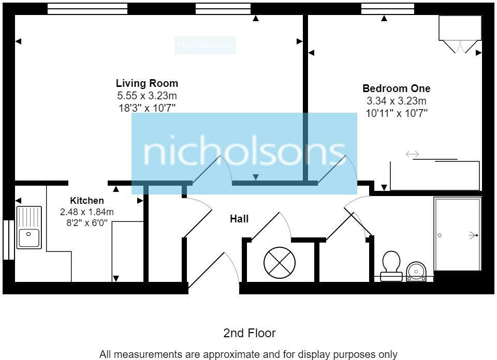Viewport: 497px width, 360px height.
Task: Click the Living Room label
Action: click(147, 83)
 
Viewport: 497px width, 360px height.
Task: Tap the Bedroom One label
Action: click(396, 88)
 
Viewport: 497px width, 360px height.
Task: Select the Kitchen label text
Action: click(87, 201)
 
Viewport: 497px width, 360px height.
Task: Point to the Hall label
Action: click(239, 219)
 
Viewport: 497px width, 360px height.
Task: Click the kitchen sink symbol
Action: click(29, 227)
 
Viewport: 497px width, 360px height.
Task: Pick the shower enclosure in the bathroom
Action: click(458, 234)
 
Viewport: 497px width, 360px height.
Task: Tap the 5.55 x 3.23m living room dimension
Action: click(147, 96)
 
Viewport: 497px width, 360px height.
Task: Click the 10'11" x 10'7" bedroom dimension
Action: click(396, 113)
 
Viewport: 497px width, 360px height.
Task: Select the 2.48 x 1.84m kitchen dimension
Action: click(87, 212)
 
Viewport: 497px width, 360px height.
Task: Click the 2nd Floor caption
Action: click(250, 333)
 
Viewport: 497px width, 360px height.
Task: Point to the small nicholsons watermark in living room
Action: click(205, 46)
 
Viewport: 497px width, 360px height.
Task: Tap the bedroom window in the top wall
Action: click(388, 8)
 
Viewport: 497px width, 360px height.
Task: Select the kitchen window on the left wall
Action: click(8, 239)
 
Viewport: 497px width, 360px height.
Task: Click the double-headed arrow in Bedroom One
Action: click(412, 154)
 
